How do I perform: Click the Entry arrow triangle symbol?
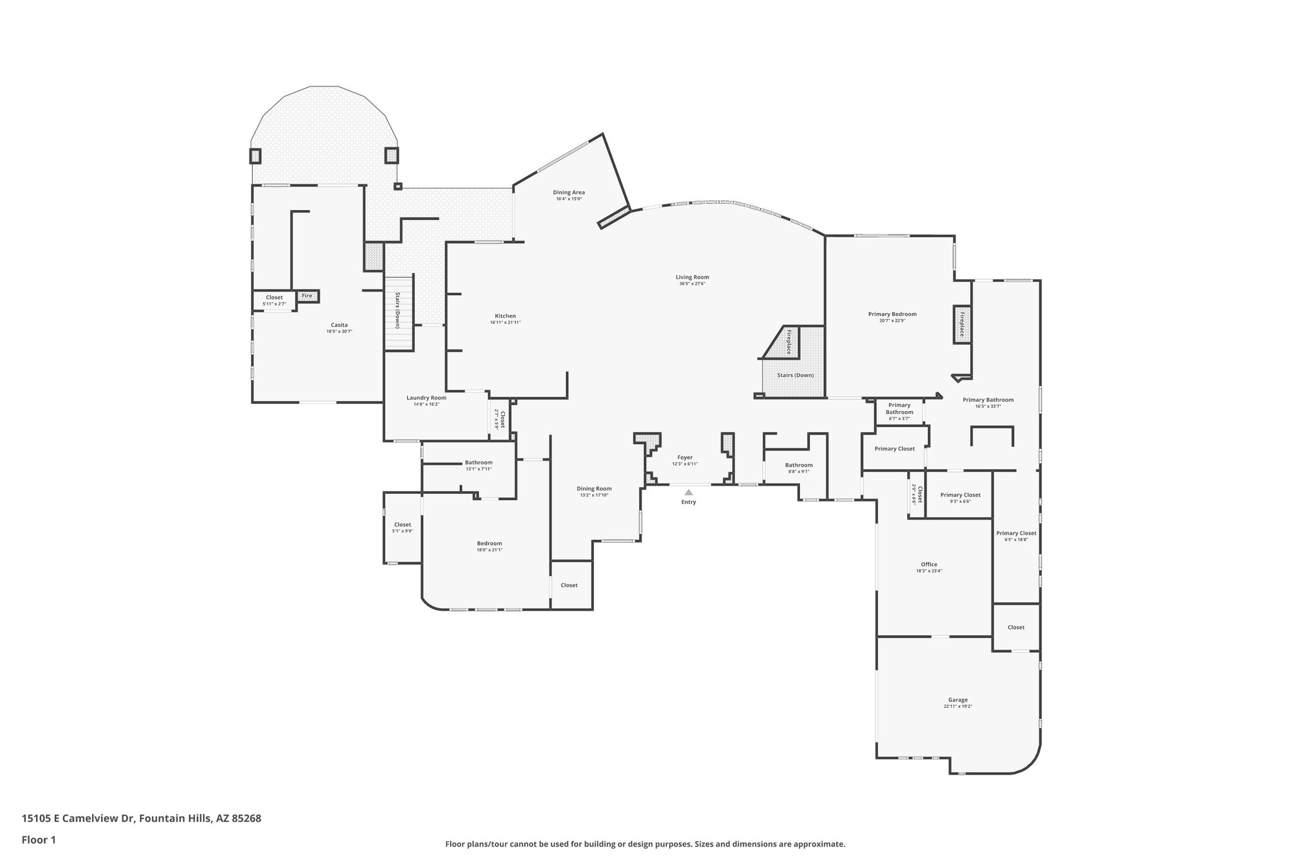[x=688, y=492]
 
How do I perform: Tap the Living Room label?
[x=692, y=277]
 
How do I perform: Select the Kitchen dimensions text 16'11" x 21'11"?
[x=505, y=323]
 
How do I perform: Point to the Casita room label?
[x=339, y=325]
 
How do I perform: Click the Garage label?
[x=958, y=700]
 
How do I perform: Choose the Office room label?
[x=929, y=565]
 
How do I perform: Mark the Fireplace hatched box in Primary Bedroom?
[x=962, y=324]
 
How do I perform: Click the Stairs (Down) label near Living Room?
[x=795, y=375]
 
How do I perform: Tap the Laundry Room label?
[x=426, y=397]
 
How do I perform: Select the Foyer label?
[x=685, y=457]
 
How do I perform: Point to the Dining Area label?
[x=569, y=192]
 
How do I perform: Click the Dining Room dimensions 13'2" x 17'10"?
[x=594, y=495]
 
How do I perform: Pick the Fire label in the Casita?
[x=307, y=295]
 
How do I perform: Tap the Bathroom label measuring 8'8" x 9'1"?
[x=799, y=465]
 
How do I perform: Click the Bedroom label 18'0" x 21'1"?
[x=489, y=543]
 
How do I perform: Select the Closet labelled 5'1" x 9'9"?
[x=402, y=525]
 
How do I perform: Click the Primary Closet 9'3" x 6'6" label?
[x=960, y=495]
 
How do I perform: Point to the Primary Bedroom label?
[x=892, y=314]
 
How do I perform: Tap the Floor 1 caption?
[x=39, y=840]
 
